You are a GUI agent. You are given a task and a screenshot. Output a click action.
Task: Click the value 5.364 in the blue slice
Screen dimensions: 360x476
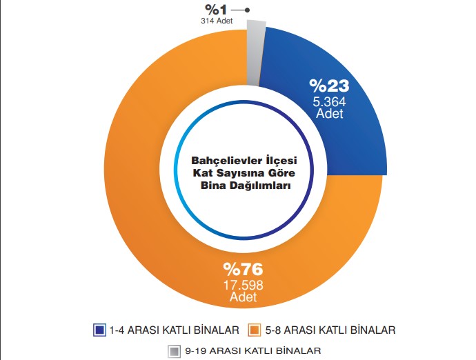329,102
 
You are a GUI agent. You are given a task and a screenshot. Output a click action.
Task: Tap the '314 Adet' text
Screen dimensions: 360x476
217,21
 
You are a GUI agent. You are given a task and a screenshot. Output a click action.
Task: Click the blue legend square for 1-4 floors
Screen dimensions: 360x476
100,330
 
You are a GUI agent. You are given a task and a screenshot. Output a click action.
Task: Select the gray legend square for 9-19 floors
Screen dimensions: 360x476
174,351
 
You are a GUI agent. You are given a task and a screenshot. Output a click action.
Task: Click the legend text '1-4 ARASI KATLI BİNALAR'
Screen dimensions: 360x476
175,330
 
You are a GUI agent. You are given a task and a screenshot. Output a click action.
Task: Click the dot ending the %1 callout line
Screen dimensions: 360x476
248,10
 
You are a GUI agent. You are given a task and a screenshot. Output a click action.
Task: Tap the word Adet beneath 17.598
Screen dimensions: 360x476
242,297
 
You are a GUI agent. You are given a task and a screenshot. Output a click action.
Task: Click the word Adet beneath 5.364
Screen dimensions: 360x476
329,114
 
